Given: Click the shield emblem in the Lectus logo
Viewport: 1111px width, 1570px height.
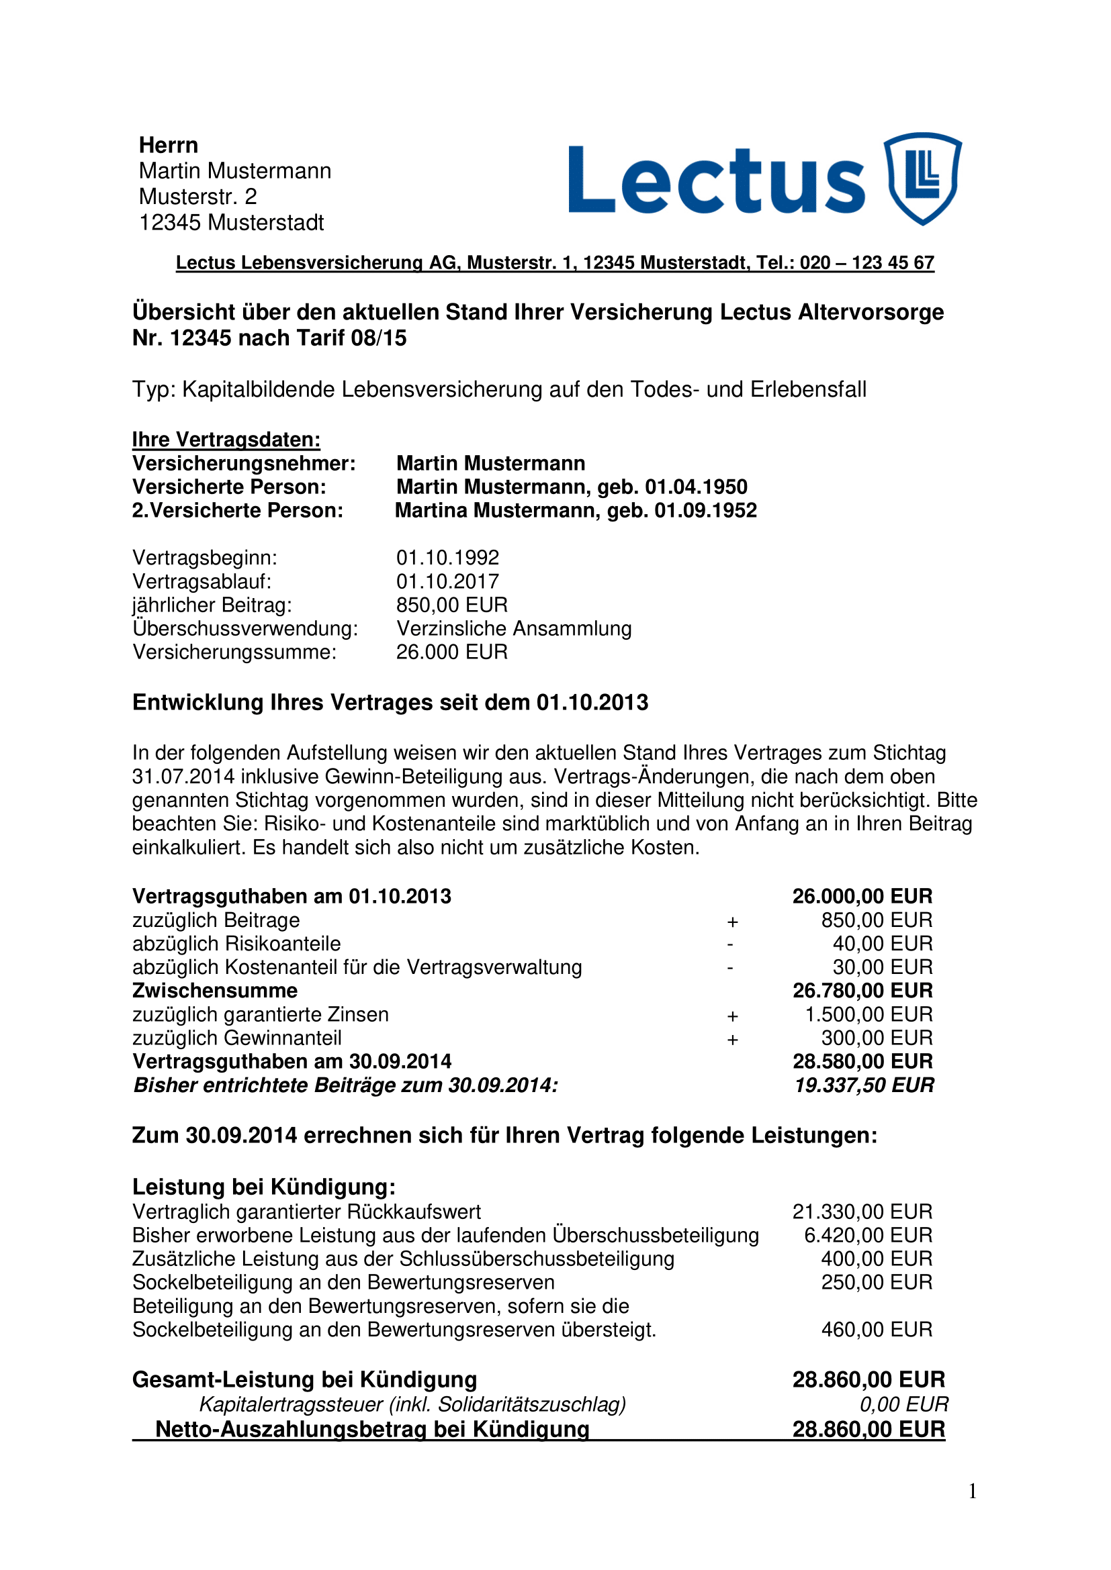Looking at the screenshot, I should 922,179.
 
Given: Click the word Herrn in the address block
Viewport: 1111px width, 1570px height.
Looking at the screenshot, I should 169,145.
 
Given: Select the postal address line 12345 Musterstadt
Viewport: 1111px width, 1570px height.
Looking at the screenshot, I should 231,223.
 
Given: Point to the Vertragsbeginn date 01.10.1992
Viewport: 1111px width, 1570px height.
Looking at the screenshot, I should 447,557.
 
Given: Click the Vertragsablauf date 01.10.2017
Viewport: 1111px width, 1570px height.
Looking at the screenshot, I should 447,581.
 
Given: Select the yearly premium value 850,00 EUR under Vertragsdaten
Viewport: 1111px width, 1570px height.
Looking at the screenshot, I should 451,605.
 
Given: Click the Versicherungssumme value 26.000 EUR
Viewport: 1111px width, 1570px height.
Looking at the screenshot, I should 451,652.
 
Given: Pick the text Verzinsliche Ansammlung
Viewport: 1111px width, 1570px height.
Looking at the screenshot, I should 514,628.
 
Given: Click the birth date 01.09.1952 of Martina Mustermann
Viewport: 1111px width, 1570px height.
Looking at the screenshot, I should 705,510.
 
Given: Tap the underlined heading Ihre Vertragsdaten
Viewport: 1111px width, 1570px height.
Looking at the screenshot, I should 226,439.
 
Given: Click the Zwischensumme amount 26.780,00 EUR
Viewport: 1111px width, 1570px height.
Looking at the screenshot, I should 862,990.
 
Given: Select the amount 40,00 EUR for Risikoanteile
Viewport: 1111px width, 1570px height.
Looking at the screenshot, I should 882,944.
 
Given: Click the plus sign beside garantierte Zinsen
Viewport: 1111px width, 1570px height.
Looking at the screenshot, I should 732,1016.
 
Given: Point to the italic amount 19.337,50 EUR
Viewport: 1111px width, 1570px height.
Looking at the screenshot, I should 863,1085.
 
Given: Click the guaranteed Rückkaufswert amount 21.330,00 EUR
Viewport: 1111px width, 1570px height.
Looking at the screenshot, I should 862,1212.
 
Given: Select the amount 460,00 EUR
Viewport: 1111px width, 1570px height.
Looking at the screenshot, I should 877,1329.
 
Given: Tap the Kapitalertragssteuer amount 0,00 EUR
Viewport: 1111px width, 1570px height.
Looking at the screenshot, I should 903,1404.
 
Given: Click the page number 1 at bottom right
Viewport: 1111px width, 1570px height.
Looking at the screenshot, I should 972,1491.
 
